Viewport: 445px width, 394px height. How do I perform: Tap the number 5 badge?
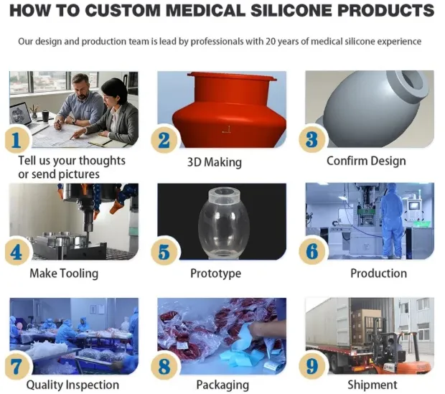[x=164, y=252]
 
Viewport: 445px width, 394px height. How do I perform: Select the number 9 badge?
[x=312, y=365]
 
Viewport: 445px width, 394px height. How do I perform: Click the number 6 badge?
[x=312, y=252]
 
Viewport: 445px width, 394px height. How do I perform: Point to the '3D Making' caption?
[x=215, y=162]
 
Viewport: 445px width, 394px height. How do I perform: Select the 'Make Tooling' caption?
[x=64, y=273]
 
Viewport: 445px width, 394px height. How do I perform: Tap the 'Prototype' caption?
[x=215, y=273]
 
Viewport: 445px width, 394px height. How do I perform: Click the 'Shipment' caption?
[x=373, y=385]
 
